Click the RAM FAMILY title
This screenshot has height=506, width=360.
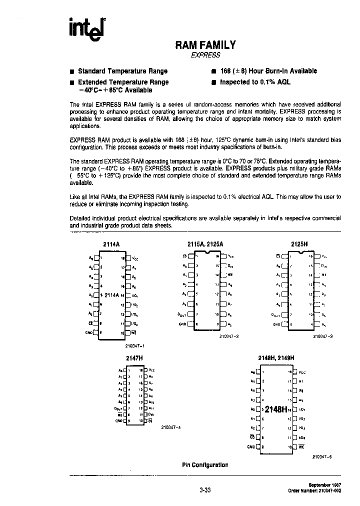tap(205, 45)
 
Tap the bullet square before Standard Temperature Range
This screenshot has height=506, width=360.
tap(72, 71)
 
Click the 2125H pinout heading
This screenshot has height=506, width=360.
tap(299, 244)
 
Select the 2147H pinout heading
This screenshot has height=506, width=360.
tap(132, 358)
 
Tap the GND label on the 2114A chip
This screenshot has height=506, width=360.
tap(90, 332)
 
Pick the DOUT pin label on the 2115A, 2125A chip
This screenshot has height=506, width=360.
tap(181, 314)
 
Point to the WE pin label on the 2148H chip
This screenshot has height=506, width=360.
tap(301, 447)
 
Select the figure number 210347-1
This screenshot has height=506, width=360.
tap(132, 345)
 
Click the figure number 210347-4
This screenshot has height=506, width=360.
tap(171, 427)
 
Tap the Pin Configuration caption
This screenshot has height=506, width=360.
tap(205, 465)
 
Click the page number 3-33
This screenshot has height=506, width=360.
tap(205, 490)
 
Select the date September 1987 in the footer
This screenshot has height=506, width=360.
tap(320, 485)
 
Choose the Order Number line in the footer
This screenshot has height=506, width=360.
tap(315, 491)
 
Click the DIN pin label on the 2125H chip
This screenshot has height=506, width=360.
tap(323, 265)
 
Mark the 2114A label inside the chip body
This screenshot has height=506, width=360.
tap(112, 295)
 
